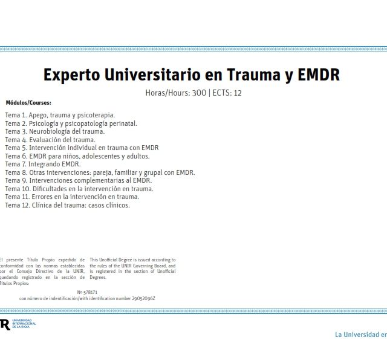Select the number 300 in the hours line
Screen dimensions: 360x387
[x=198, y=93]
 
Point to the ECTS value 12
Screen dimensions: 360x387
[x=238, y=93]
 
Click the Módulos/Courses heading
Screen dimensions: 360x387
[x=28, y=103]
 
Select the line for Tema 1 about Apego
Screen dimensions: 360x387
[x=60, y=114]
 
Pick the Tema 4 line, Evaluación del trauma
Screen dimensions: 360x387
[x=50, y=139]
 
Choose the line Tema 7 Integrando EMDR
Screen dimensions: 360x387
[x=43, y=164]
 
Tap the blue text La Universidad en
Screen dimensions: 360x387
[x=360, y=335]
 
